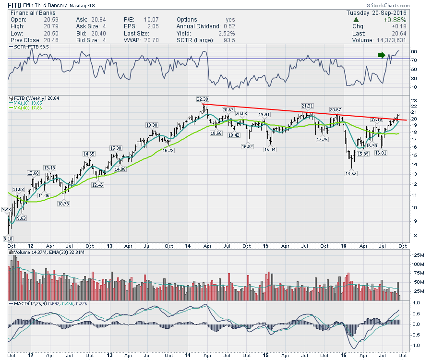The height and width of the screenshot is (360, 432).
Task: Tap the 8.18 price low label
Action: (8, 238)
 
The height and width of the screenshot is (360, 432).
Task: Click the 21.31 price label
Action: (307, 106)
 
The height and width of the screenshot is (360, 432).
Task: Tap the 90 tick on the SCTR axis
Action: (412, 51)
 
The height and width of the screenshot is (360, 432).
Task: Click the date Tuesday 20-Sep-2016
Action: (376, 12)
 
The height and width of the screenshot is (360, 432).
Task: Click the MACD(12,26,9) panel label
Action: (30, 304)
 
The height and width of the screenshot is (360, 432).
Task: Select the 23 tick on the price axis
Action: (413, 100)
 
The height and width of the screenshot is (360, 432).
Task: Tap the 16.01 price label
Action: (381, 153)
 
